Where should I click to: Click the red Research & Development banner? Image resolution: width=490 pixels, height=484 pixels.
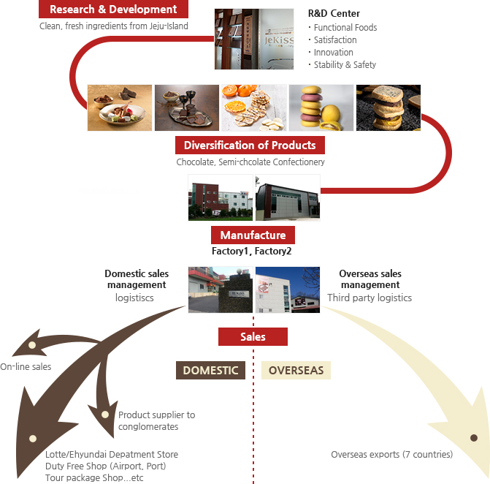(113, 10)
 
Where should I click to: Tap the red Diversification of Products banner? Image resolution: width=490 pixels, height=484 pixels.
(250, 145)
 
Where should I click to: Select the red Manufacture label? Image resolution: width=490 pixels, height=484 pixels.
(253, 235)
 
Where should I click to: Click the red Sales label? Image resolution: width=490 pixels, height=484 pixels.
(253, 337)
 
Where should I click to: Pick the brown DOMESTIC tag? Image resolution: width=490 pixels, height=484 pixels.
(210, 370)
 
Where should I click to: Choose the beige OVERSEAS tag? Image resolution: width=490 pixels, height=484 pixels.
(296, 370)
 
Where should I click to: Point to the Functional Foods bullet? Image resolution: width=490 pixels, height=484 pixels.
(345, 27)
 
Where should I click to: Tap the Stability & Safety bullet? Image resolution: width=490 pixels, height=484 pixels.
(345, 64)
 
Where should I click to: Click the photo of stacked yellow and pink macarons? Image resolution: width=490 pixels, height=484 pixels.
(321, 107)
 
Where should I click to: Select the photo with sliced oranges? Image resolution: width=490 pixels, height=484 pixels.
(254, 107)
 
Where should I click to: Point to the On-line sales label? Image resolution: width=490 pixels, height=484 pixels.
(26, 366)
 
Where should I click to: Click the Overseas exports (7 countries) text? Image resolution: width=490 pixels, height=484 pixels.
(391, 455)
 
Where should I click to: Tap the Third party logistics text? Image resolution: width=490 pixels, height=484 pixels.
(370, 298)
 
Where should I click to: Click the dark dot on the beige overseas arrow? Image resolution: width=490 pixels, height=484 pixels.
(474, 438)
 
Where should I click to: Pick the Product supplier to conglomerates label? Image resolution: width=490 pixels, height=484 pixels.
(156, 420)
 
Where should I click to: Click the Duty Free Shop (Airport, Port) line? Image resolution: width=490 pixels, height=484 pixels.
(105, 466)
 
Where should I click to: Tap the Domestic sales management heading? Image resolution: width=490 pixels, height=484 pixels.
(137, 279)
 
